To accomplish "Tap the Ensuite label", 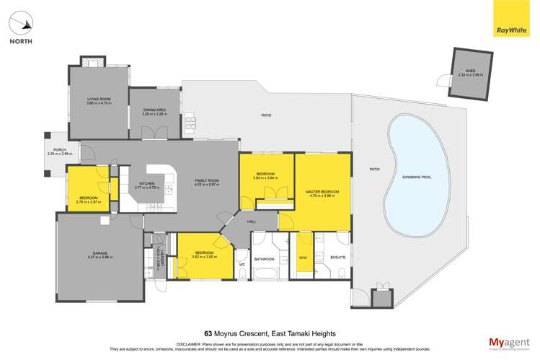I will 337,258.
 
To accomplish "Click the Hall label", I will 252,221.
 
